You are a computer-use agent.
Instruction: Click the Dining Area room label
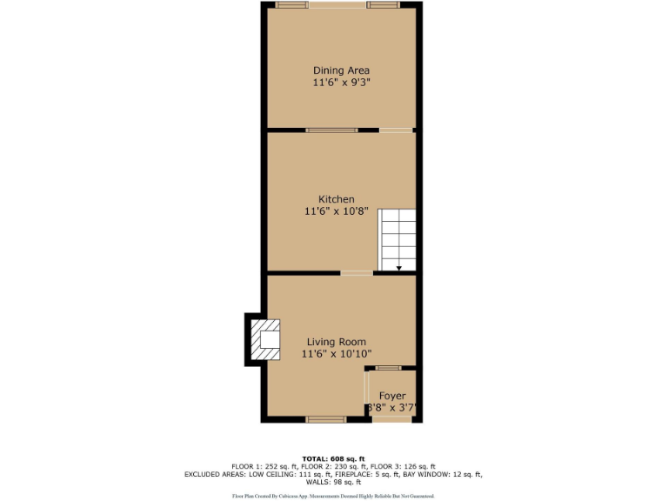(x=341, y=70)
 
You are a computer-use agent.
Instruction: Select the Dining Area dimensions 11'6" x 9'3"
(x=341, y=83)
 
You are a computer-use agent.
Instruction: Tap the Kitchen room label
(x=336, y=199)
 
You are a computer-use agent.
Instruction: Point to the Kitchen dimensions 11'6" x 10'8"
(x=336, y=211)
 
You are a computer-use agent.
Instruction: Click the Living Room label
(x=336, y=342)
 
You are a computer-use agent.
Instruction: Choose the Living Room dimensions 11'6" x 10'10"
(x=336, y=354)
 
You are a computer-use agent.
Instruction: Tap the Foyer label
(x=392, y=396)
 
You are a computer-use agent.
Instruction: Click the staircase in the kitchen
(x=397, y=239)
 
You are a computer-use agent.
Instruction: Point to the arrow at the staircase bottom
(x=398, y=268)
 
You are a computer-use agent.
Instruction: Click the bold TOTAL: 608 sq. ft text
(x=334, y=458)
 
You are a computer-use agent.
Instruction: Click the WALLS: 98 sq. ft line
(x=334, y=482)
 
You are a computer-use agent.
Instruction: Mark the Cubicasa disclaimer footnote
(x=334, y=496)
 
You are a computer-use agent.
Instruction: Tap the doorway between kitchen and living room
(x=357, y=273)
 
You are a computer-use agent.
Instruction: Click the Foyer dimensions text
(x=392, y=407)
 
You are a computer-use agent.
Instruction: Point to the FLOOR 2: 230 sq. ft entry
(x=333, y=466)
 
